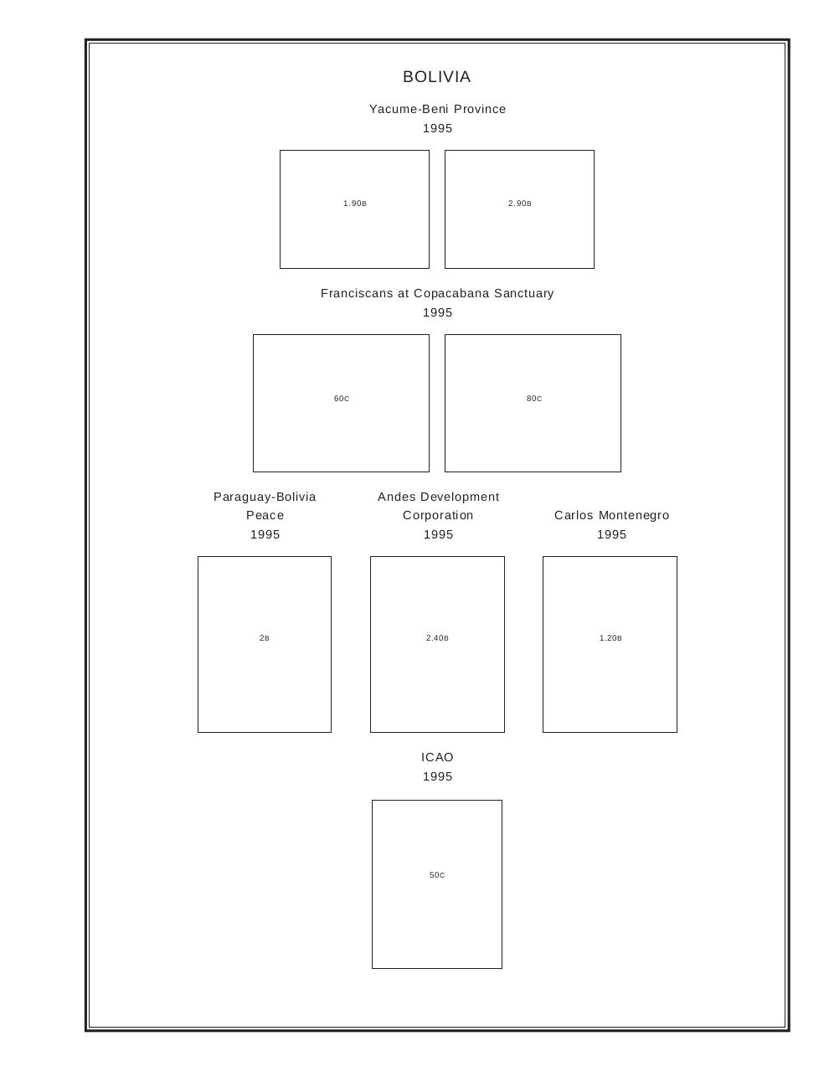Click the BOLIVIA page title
pyautogui.click(x=436, y=77)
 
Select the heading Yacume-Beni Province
pyautogui.click(x=437, y=109)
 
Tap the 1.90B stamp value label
pyautogui.click(x=354, y=204)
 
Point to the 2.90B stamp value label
pyautogui.click(x=519, y=204)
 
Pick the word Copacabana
pyautogui.click(x=451, y=293)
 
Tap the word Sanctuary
pyautogui.click(x=523, y=293)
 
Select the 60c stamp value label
pyautogui.click(x=342, y=399)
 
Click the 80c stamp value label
pyautogui.click(x=533, y=399)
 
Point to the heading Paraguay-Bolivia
pyautogui.click(x=265, y=497)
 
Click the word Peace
pyautogui.click(x=265, y=515)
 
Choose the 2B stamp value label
pyautogui.click(x=265, y=638)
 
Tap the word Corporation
pyautogui.click(x=438, y=516)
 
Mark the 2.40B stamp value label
pyautogui.click(x=437, y=638)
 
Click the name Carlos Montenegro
pyautogui.click(x=611, y=516)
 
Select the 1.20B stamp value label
pyautogui.click(x=610, y=638)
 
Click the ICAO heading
pyautogui.click(x=437, y=757)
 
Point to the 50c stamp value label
pyautogui.click(x=437, y=874)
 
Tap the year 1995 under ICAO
pyautogui.click(x=437, y=776)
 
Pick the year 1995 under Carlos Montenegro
pyautogui.click(x=611, y=534)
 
